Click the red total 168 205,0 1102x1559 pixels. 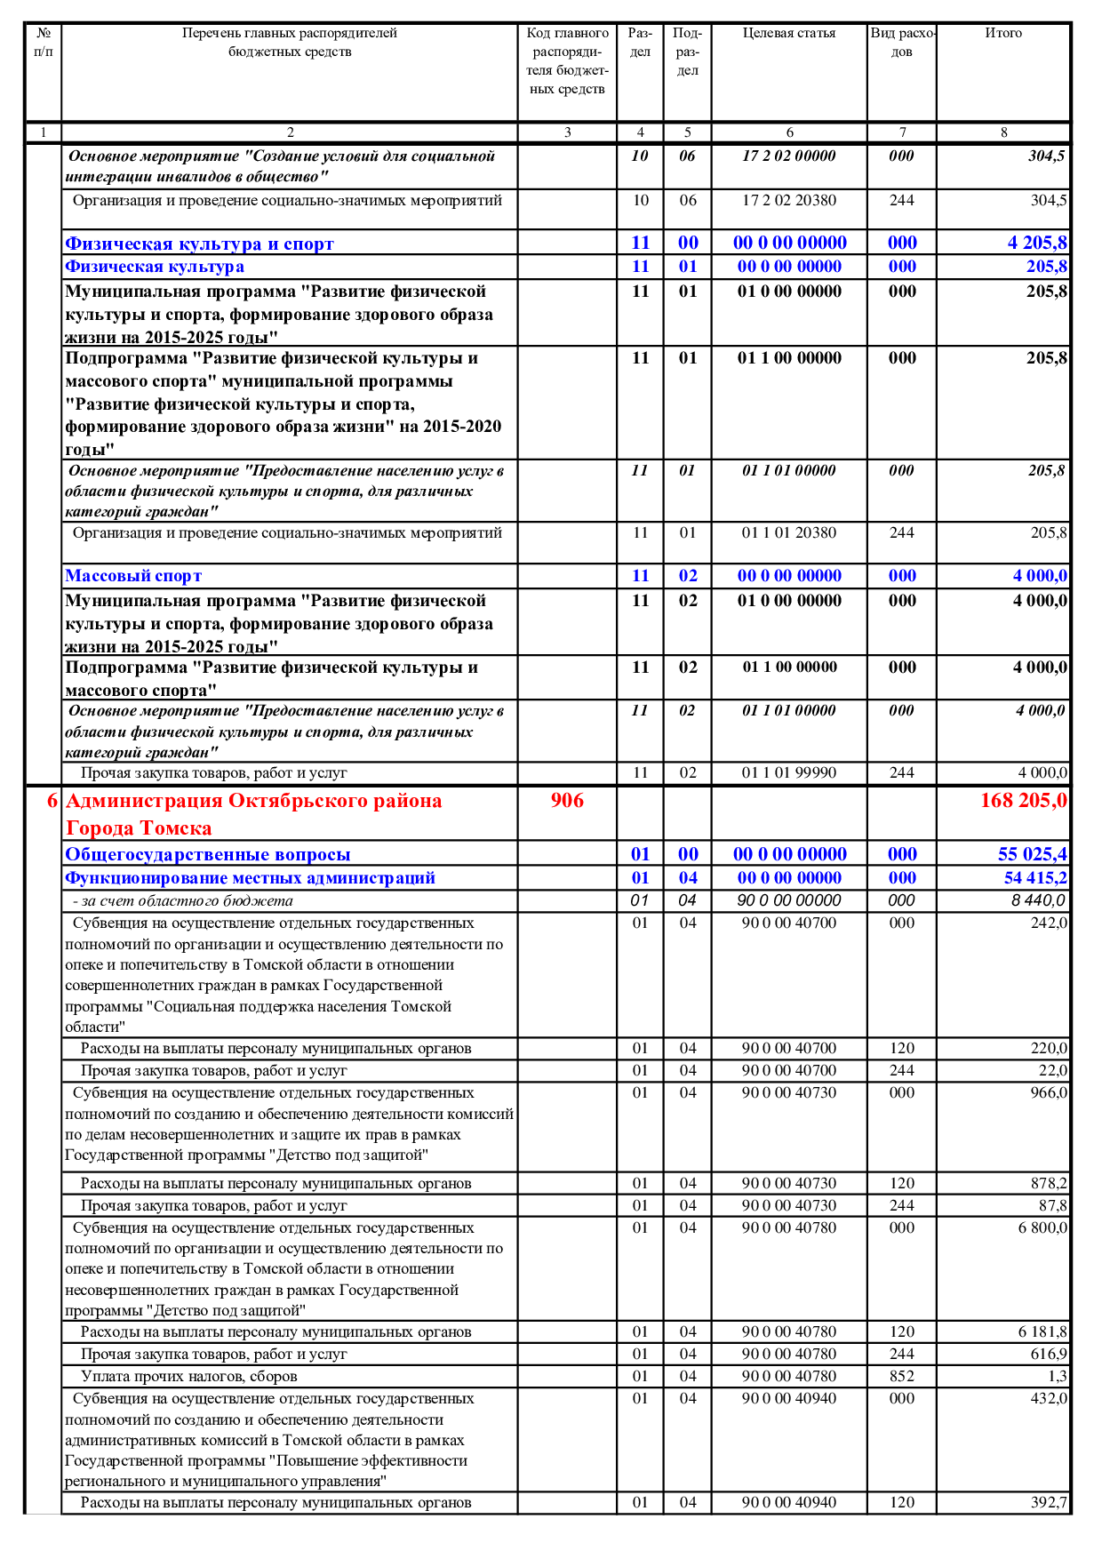[1023, 801]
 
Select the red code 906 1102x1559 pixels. [567, 801]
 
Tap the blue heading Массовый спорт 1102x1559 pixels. [133, 576]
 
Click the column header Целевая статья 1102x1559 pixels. [789, 34]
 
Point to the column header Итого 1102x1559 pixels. [1003, 34]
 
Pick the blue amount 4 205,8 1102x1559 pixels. [1037, 243]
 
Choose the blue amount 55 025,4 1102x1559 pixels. [1032, 854]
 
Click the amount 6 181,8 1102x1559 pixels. [1042, 1331]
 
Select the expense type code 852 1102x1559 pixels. [902, 1376]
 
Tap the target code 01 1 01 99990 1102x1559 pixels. [789, 773]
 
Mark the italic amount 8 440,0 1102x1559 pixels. [1038, 900]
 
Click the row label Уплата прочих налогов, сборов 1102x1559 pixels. [188, 1376]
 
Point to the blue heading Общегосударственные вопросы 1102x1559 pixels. [208, 854]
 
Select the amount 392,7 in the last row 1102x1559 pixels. [1049, 1502]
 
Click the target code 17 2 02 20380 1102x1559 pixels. [789, 201]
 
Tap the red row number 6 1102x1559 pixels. [52, 801]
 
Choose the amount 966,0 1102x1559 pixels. [1049, 1092]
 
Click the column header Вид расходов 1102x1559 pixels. [902, 43]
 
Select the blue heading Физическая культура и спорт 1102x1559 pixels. [199, 244]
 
